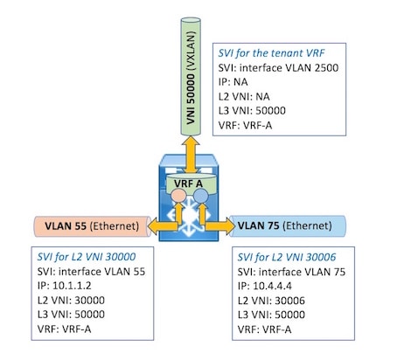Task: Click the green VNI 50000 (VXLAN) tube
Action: [x=191, y=77]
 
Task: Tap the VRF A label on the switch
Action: [x=188, y=183]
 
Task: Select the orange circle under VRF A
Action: [x=178, y=196]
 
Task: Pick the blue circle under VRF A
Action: [x=201, y=196]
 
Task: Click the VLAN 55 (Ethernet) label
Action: [x=92, y=226]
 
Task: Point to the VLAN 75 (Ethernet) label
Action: [x=285, y=225]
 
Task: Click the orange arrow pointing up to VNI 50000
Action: [x=191, y=155]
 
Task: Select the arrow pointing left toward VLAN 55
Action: [x=164, y=226]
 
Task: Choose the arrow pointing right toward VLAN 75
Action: [x=220, y=226]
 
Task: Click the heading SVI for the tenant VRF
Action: [x=271, y=53]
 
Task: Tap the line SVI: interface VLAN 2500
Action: [x=278, y=68]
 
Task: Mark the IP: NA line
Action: [x=233, y=82]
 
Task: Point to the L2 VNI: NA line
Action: [x=244, y=96]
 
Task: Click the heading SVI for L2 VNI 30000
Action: [x=87, y=257]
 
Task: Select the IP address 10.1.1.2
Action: [x=72, y=286]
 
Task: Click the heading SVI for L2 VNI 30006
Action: [x=287, y=257]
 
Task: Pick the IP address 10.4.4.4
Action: [x=272, y=286]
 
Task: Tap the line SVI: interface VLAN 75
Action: [x=291, y=272]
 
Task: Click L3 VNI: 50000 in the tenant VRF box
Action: [x=252, y=111]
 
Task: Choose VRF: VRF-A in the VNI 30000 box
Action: [x=64, y=329]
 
